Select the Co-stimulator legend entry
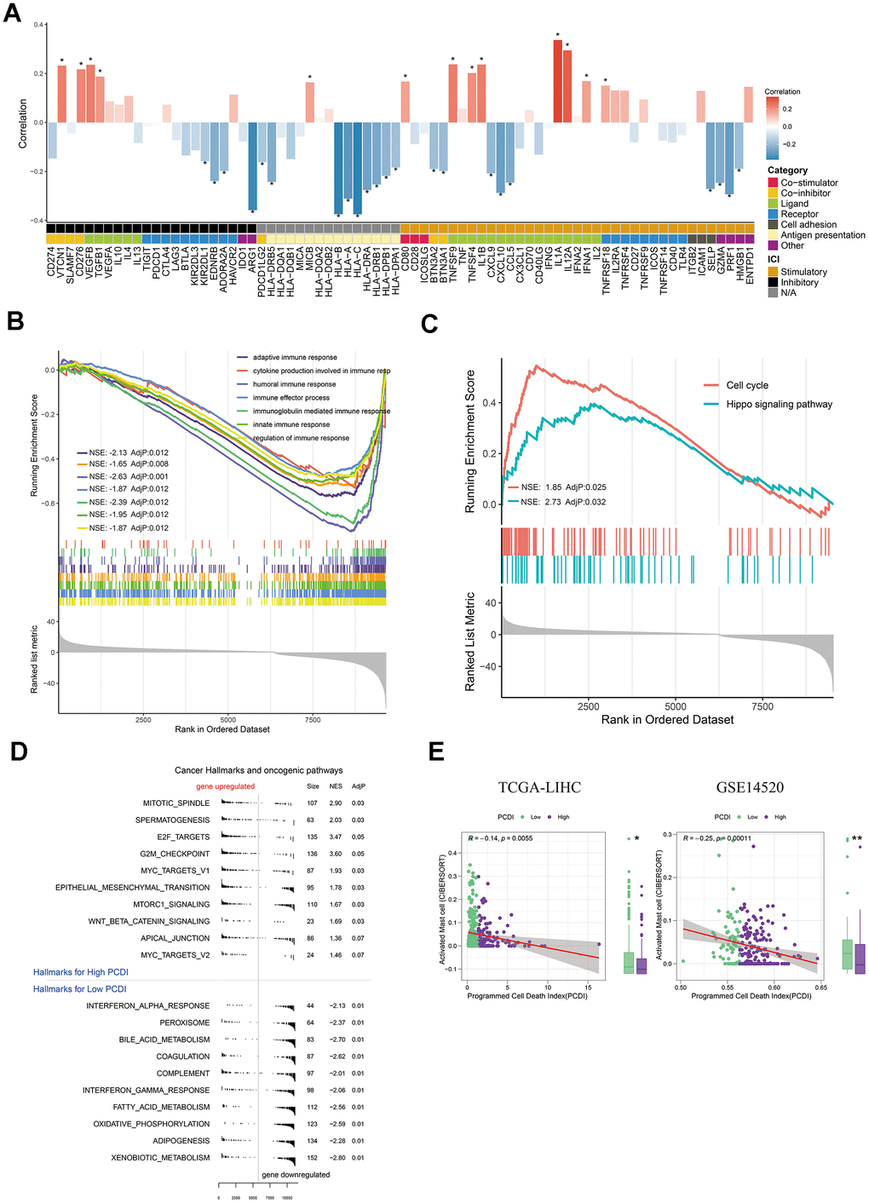pyautogui.click(x=809, y=183)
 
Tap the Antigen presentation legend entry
pyautogui.click(x=822, y=235)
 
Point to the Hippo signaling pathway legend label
pyautogui.click(x=779, y=405)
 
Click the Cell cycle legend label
pyautogui.click(x=746, y=386)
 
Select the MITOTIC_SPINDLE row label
pyautogui.click(x=176, y=803)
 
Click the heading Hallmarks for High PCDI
pyautogui.click(x=80, y=972)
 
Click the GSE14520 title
pyautogui.click(x=750, y=787)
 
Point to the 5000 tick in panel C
pyautogui.click(x=676, y=706)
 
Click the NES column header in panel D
pyautogui.click(x=336, y=786)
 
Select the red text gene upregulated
pyautogui.click(x=225, y=786)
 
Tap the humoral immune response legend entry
pyautogui.click(x=294, y=384)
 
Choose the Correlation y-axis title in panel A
pyautogui.click(x=23, y=124)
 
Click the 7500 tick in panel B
pyautogui.click(x=313, y=720)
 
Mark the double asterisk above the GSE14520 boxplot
pyautogui.click(x=858, y=839)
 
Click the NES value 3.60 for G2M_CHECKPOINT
pyautogui.click(x=336, y=854)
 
